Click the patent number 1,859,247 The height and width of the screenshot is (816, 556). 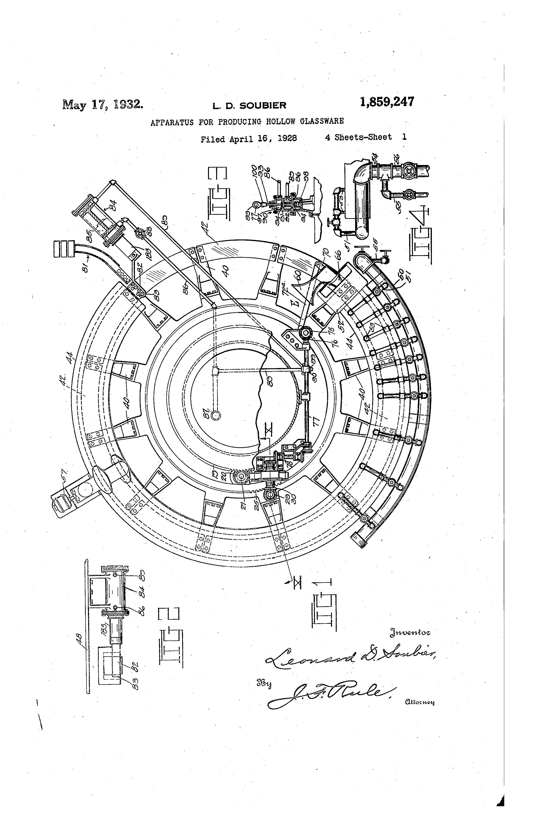tap(387, 102)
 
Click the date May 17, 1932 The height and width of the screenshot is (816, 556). tap(103, 105)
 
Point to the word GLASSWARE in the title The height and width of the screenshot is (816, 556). tap(322, 121)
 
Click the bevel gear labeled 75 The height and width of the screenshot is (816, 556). tap(304, 332)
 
